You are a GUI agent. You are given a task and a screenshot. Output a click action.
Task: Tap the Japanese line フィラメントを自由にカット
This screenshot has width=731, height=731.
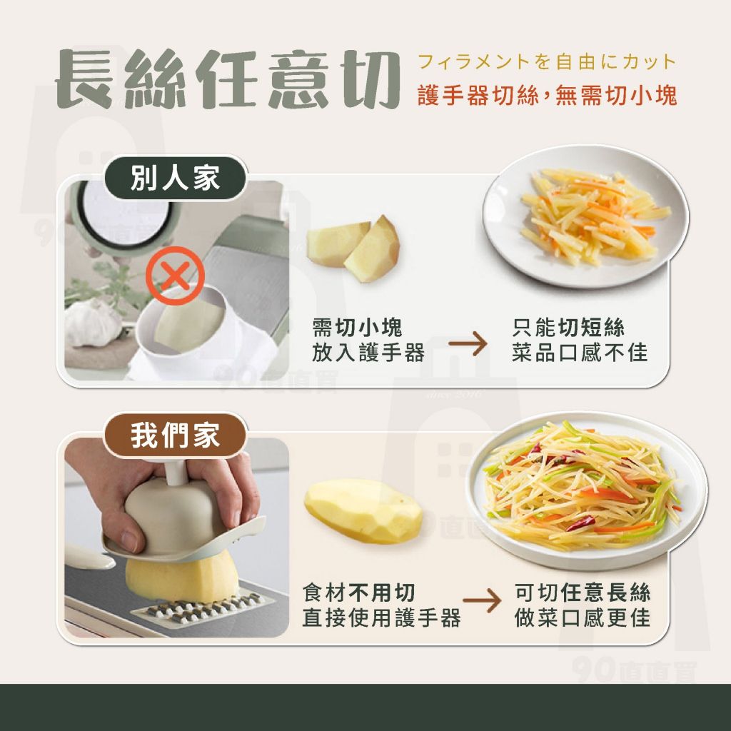pos(547,62)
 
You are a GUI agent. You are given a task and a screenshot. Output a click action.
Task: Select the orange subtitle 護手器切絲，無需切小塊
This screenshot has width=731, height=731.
pos(547,96)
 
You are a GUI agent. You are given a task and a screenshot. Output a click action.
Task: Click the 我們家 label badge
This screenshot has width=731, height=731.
pos(175,435)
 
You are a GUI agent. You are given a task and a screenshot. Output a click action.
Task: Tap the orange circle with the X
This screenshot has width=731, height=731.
pos(175,276)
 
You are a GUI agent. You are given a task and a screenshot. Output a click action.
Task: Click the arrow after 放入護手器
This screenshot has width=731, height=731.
pos(468,346)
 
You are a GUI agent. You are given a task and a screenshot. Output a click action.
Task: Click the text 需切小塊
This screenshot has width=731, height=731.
pos(357,328)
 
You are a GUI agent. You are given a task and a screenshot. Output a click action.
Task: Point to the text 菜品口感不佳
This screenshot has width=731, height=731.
pos(579,352)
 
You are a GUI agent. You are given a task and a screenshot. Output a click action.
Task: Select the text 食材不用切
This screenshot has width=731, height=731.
pos(359,593)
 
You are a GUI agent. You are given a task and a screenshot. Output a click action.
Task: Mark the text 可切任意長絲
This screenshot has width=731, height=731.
pos(583,593)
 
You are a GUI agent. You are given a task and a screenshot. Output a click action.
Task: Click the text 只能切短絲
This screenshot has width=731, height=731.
pos(568,328)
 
